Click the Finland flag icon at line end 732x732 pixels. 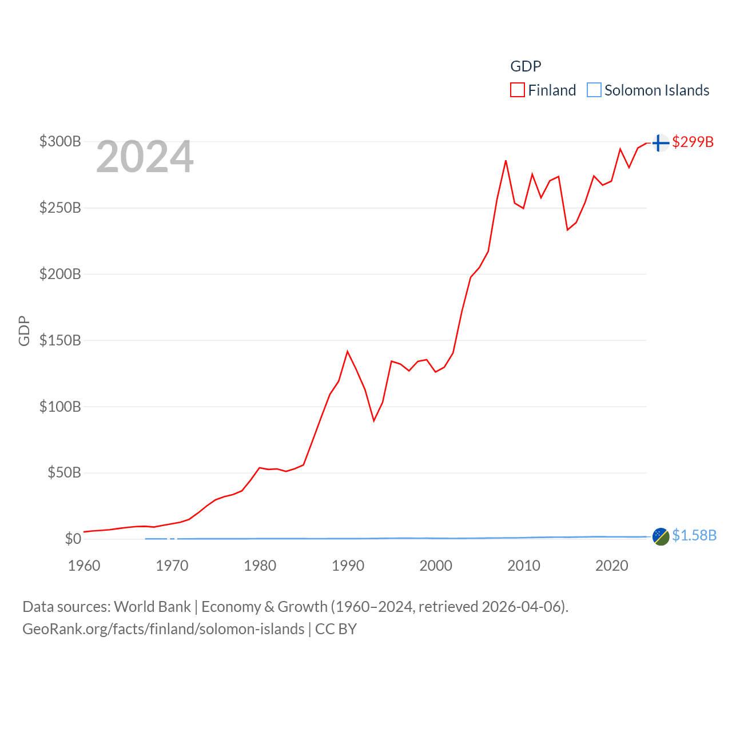pyautogui.click(x=661, y=142)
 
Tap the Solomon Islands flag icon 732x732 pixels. pyautogui.click(x=661, y=536)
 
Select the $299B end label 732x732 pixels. pyautogui.click(x=693, y=142)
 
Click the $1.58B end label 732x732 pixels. pyautogui.click(x=694, y=535)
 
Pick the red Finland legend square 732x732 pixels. pyautogui.click(x=518, y=90)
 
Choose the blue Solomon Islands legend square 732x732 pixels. pyautogui.click(x=594, y=90)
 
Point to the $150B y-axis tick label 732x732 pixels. pyautogui.click(x=60, y=340)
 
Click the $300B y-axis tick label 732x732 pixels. pyautogui.click(x=60, y=141)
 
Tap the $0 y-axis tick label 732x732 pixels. pyautogui.click(x=73, y=539)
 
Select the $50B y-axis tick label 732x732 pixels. pyautogui.click(x=63, y=472)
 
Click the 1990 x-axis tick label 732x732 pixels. pyautogui.click(x=348, y=566)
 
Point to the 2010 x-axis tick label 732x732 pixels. pyautogui.click(x=524, y=566)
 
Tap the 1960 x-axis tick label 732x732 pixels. pyautogui.click(x=84, y=566)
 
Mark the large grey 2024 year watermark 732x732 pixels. pyautogui.click(x=145, y=157)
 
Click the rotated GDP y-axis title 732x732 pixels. pyautogui.click(x=24, y=331)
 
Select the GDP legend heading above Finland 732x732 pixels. pyautogui.click(x=526, y=66)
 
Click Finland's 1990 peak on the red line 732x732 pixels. pyautogui.click(x=347, y=351)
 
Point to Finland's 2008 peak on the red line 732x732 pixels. pyautogui.click(x=506, y=161)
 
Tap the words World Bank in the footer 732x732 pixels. pyautogui.click(x=153, y=606)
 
